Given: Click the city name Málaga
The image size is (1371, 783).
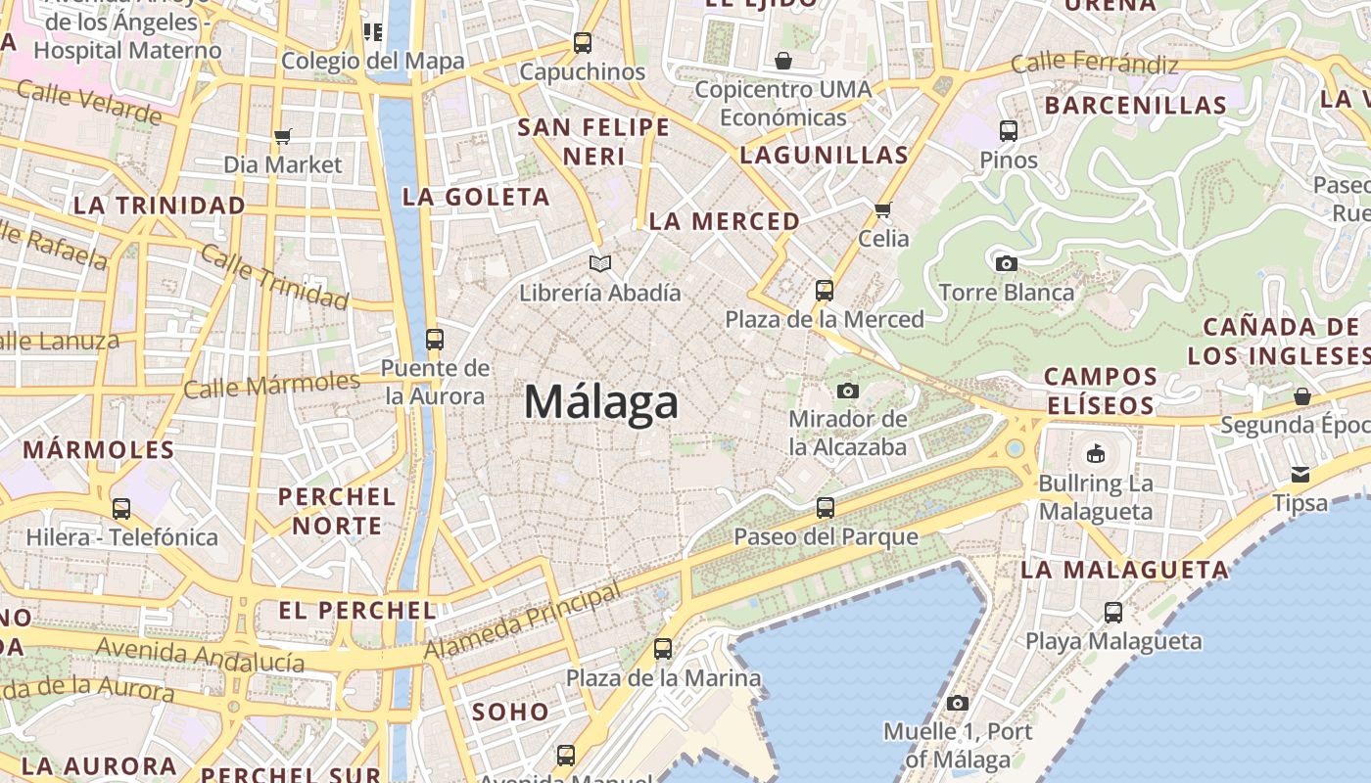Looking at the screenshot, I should (x=601, y=402).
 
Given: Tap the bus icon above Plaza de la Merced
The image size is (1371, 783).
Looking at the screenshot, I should (x=825, y=291).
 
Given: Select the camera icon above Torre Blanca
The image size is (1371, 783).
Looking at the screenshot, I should (x=1006, y=263).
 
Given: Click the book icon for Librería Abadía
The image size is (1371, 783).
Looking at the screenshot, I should (x=600, y=263).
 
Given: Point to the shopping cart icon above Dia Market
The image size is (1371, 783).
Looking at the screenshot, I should (x=283, y=136).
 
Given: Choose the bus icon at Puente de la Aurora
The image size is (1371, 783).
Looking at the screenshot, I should (x=435, y=340).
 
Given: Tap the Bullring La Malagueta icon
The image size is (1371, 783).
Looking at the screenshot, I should (x=1095, y=454).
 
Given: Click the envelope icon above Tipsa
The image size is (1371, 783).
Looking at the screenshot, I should (x=1300, y=475).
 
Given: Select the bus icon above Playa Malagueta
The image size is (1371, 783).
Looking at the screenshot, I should (x=1113, y=613).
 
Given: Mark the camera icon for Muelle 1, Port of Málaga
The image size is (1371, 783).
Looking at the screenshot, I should (x=958, y=703).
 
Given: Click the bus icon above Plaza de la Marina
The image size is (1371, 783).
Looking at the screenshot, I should (x=663, y=649).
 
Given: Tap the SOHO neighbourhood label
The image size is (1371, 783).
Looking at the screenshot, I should (x=510, y=713).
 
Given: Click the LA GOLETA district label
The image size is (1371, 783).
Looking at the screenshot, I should (x=476, y=197).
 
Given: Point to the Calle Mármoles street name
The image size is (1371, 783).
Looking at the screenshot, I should (x=272, y=385).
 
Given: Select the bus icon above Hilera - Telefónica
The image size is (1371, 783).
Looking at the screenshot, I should (x=121, y=509).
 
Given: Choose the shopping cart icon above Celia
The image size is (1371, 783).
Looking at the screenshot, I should (x=883, y=209).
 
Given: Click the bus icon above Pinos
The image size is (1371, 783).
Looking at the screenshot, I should (x=1009, y=130).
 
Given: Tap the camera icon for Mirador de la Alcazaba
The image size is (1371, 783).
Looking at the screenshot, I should (x=848, y=391).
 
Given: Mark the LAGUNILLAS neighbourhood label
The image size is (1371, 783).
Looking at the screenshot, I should (x=824, y=155).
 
